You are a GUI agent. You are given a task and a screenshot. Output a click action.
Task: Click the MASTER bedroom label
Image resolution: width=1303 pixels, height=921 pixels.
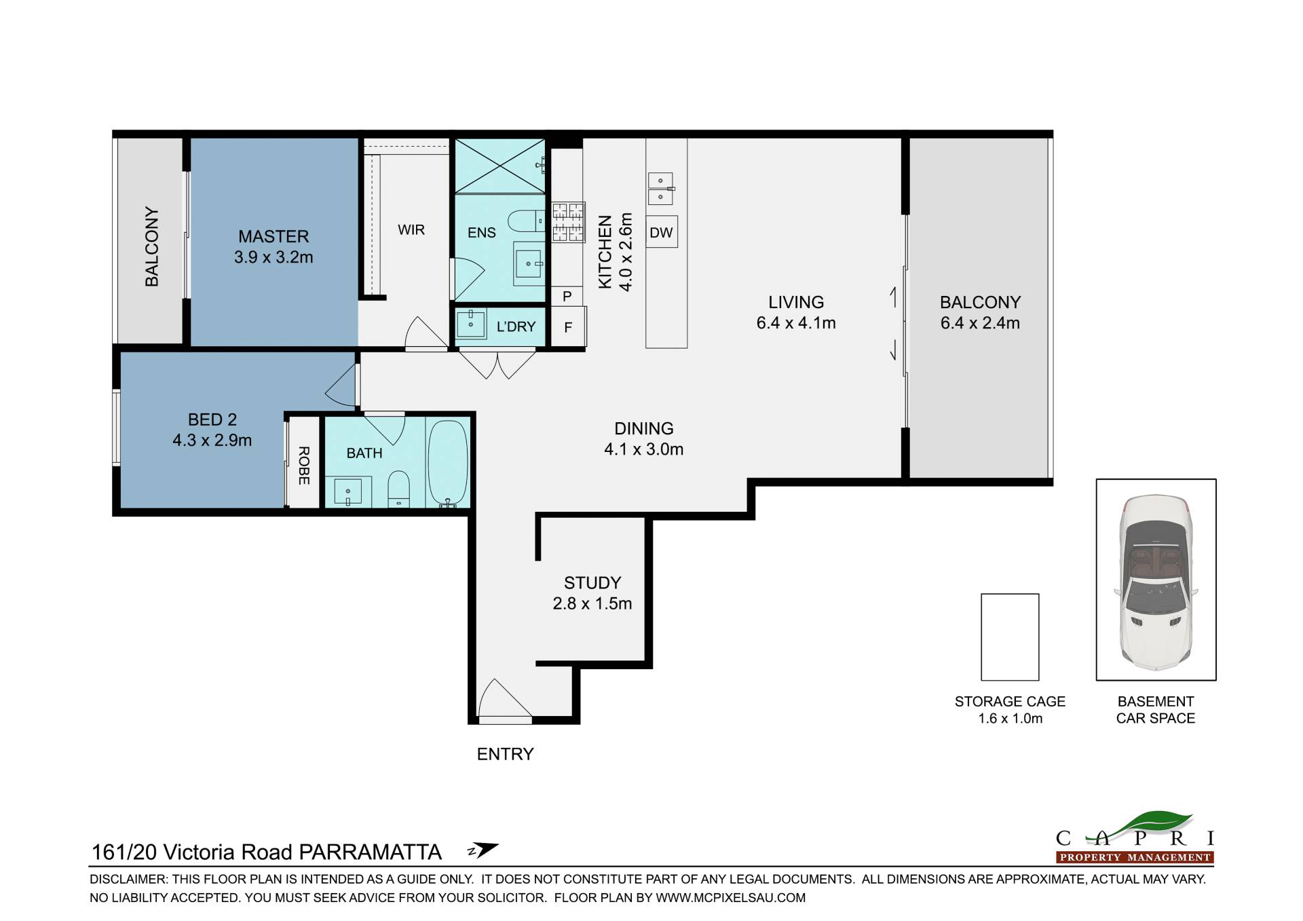[x=273, y=236]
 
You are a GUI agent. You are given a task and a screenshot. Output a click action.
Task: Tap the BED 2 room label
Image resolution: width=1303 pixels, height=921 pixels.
[x=212, y=419]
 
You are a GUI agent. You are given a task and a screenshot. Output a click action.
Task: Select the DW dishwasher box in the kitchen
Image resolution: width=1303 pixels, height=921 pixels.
[x=661, y=232]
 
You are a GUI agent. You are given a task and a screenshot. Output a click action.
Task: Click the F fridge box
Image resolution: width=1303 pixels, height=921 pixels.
[x=568, y=327]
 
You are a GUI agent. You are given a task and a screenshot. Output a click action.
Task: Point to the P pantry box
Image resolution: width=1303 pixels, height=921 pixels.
[x=567, y=296]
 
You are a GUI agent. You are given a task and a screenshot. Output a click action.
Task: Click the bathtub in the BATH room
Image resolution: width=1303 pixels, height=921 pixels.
[x=448, y=463]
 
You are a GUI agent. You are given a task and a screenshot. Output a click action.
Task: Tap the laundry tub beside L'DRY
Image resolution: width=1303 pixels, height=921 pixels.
[x=470, y=323]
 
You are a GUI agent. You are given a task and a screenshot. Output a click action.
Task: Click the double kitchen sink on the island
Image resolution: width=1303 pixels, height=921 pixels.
[x=660, y=188]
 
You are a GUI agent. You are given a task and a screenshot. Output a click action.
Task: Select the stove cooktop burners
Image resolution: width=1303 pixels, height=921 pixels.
[x=568, y=222]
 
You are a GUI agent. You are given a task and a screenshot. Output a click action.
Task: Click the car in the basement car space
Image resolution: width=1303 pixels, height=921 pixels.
[x=1156, y=580]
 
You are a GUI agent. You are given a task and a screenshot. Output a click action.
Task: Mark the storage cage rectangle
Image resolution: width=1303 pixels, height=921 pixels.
[x=1010, y=637]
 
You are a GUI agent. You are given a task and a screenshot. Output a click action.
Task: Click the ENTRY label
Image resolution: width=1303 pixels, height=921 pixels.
[x=505, y=754]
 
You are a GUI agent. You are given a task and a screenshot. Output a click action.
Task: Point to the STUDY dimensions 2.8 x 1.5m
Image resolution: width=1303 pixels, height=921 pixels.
[x=592, y=603]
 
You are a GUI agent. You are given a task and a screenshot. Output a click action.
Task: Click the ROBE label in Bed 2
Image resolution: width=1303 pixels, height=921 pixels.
[x=303, y=466]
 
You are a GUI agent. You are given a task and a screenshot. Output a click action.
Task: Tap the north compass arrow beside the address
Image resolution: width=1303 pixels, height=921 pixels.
[x=483, y=850]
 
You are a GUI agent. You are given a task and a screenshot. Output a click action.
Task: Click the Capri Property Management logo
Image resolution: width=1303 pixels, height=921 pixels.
[x=1135, y=838]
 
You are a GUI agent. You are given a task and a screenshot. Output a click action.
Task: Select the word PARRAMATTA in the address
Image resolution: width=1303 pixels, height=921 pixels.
[x=371, y=852]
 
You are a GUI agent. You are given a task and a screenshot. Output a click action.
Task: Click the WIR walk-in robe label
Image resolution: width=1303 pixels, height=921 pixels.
[x=411, y=230]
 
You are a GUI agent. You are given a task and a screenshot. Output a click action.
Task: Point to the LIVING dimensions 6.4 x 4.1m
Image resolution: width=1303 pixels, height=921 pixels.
[x=796, y=323]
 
